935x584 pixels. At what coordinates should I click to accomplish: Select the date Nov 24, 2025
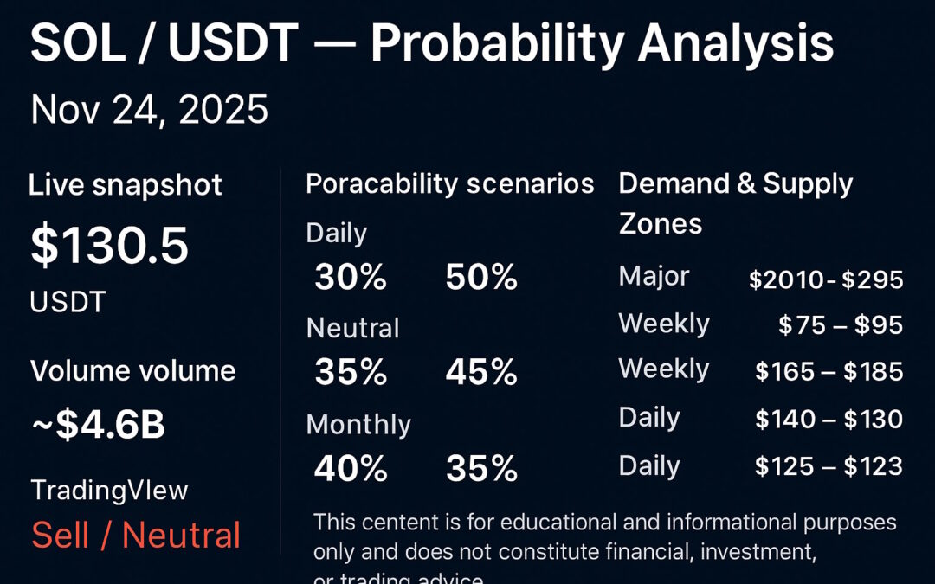tap(149, 111)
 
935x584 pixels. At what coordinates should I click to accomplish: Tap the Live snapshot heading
tap(126, 185)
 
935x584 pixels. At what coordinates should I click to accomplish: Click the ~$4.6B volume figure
tap(98, 426)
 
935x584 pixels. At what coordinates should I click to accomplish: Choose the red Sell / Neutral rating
tap(136, 536)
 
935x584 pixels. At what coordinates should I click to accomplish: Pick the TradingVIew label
tap(109, 491)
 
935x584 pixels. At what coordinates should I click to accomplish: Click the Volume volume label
tap(132, 371)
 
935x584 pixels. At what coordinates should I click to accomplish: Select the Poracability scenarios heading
tap(449, 184)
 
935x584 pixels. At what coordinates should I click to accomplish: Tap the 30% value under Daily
tap(350, 278)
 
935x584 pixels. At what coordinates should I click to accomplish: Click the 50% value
tap(481, 278)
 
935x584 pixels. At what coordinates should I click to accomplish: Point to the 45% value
tap(481, 373)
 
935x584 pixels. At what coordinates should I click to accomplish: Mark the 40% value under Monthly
tap(350, 469)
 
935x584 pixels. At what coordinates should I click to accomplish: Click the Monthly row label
tap(358, 425)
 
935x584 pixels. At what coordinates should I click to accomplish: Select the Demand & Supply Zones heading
tap(735, 203)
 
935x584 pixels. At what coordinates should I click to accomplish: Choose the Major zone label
tap(654, 277)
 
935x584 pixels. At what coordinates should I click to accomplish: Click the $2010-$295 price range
tap(826, 279)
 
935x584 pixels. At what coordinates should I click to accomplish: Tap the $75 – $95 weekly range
tap(840, 325)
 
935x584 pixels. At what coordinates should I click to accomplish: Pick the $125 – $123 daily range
tap(829, 466)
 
